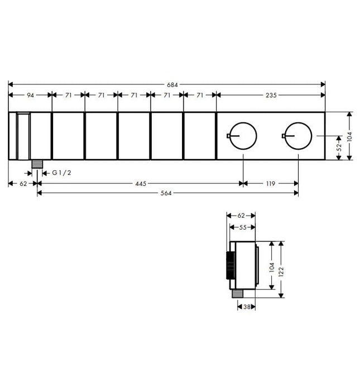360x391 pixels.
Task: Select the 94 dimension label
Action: (30, 96)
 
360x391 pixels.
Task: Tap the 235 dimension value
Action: (270, 96)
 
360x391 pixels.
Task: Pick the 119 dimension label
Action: (271, 183)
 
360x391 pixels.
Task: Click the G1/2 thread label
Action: (61, 173)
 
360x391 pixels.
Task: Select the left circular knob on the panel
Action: (243, 136)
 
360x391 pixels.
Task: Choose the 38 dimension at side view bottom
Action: (246, 307)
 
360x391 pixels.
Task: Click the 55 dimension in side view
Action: (243, 227)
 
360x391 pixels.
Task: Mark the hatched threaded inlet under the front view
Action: (37, 164)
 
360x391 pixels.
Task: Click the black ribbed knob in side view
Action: (228, 266)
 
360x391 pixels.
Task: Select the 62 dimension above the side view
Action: (241, 215)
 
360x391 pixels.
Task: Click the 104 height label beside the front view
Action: (349, 136)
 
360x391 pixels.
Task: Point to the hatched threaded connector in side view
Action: (237, 293)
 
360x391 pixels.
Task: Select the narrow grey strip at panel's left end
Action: (23, 136)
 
